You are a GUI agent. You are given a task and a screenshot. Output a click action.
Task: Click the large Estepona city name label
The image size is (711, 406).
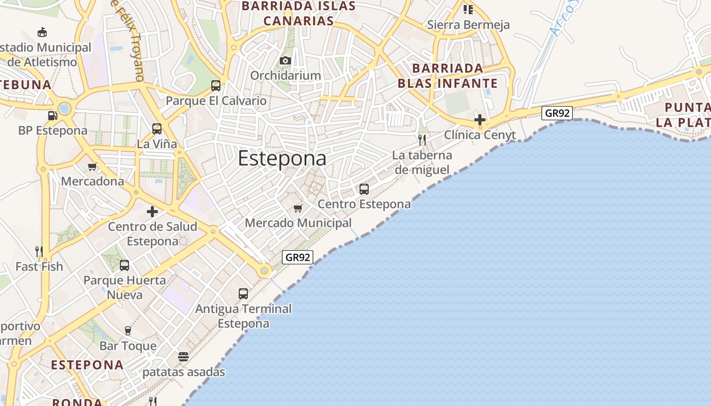point(282,158)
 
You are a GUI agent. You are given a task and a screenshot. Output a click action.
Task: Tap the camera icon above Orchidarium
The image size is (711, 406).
point(285,61)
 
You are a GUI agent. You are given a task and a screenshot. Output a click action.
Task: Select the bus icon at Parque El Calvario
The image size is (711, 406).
point(216,85)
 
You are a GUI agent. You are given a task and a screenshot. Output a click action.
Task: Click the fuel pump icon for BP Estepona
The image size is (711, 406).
point(52,115)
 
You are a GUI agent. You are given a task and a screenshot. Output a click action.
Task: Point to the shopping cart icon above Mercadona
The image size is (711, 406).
point(92,166)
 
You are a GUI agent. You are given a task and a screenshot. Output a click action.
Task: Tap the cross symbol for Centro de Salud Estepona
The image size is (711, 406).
point(152,212)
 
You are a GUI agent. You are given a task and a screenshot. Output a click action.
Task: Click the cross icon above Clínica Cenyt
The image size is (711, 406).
point(479,120)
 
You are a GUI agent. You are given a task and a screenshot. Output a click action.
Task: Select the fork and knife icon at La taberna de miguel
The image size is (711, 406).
point(422,140)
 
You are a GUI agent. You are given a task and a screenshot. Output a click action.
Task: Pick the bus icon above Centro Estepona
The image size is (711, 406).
point(364,189)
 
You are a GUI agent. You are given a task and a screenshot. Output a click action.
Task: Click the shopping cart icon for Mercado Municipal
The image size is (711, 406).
point(298,208)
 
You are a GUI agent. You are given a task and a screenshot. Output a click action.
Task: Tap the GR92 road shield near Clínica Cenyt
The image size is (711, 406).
point(557,113)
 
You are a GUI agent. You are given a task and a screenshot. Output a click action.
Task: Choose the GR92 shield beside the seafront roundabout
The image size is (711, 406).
point(298,257)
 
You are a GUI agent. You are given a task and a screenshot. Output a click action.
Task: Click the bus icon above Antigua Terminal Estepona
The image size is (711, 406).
point(243,293)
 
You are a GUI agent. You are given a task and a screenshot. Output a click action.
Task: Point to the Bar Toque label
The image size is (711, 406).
point(128,346)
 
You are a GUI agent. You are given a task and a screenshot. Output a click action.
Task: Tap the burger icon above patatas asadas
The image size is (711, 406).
point(183,357)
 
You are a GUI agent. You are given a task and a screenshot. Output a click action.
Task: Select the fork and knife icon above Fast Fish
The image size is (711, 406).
point(39,251)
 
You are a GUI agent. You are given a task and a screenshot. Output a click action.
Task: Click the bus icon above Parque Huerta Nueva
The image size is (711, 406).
point(124,265)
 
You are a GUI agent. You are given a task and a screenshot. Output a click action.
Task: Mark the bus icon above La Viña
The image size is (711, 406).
point(156,129)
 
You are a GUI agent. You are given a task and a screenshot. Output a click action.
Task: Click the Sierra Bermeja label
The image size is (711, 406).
point(468,24)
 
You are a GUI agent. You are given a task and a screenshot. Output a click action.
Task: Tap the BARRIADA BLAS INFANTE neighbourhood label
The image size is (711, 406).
point(447,76)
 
